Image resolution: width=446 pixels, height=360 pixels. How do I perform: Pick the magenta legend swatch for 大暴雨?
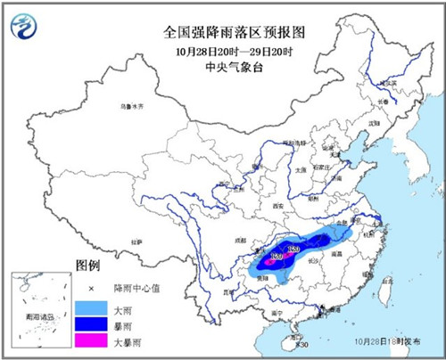pyautogui.click(x=89, y=340)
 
